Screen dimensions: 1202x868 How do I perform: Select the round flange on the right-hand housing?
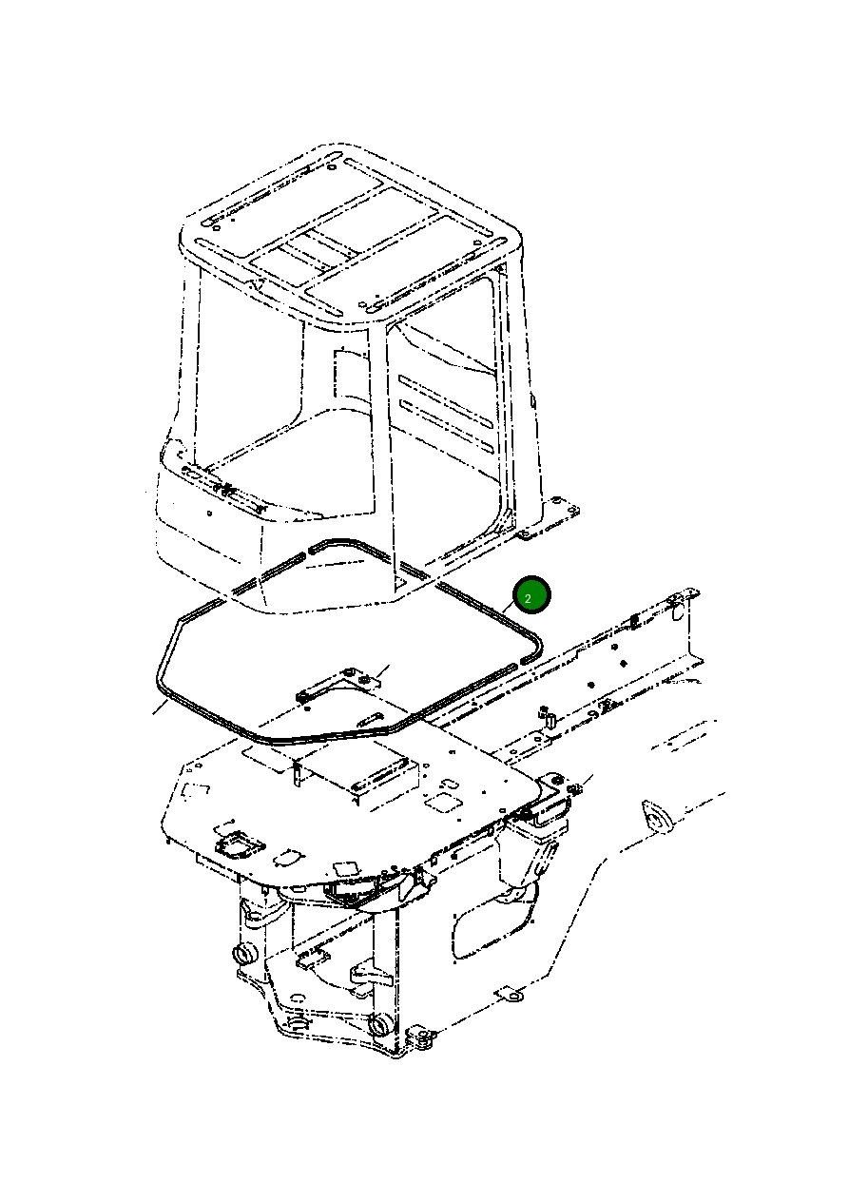(654, 819)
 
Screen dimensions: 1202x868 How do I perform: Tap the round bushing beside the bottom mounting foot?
(378, 1026)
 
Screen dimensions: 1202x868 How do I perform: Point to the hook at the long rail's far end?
(677, 601)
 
